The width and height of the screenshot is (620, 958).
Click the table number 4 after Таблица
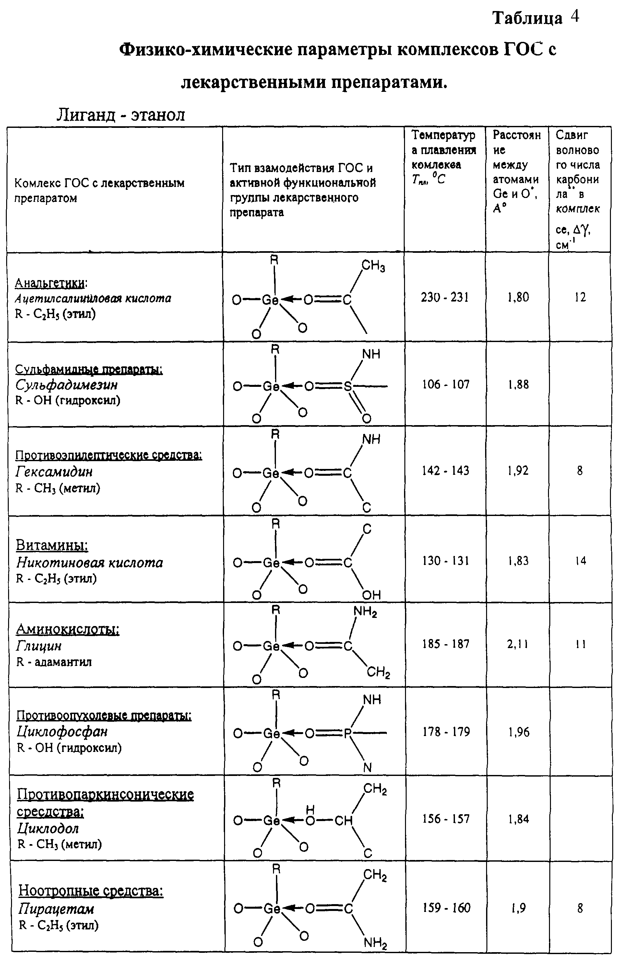click(x=575, y=17)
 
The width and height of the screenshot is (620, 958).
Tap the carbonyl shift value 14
click(x=580, y=561)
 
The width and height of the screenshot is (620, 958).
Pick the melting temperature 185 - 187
click(x=446, y=644)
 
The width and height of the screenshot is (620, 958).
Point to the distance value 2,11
click(x=518, y=645)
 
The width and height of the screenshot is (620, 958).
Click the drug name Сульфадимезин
click(x=67, y=385)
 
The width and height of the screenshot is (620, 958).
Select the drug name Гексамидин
click(x=54, y=471)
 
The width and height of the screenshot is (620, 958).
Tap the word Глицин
click(x=39, y=645)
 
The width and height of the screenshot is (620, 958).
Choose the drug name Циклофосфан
click(x=62, y=731)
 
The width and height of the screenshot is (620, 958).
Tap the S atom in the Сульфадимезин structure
click(x=347, y=387)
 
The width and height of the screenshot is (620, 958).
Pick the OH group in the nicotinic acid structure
click(x=371, y=595)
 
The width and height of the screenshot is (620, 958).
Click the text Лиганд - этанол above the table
click(x=121, y=115)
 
